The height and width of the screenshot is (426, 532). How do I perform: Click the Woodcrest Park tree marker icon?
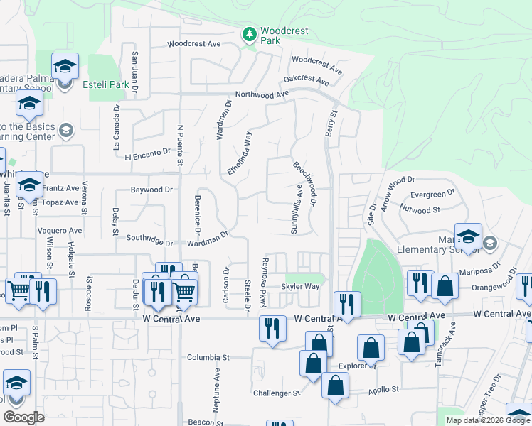pyautogui.click(x=249, y=33)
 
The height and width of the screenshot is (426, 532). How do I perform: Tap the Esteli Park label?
pyautogui.click(x=106, y=85)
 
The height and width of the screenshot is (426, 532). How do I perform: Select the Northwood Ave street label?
pyautogui.click(x=262, y=94)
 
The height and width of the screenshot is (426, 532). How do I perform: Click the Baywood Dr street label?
pyautogui.click(x=151, y=190)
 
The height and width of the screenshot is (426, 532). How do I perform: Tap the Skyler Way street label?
pyautogui.click(x=299, y=286)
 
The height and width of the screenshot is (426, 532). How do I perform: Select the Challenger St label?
pyautogui.click(x=277, y=393)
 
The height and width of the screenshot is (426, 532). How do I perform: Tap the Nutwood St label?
pyautogui.click(x=415, y=210)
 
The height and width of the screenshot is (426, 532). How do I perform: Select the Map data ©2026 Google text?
pyautogui.click(x=488, y=420)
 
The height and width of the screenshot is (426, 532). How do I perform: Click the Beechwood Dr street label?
pyautogui.click(x=304, y=184)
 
